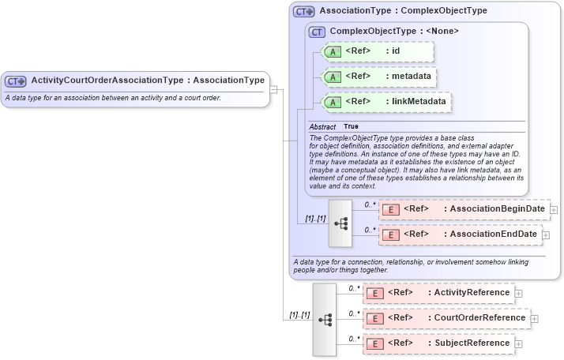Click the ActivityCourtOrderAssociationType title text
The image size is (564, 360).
[147, 81]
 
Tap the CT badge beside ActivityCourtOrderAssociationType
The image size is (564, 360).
[15, 81]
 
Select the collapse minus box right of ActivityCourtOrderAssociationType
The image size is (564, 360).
[273, 89]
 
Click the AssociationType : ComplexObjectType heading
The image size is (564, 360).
[403, 11]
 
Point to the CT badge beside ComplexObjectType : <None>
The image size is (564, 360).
[318, 32]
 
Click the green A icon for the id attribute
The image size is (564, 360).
[333, 51]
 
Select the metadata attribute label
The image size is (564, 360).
[412, 77]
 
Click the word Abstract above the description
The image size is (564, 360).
[322, 126]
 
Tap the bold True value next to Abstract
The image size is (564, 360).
[351, 126]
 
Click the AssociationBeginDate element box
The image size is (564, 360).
[464, 209]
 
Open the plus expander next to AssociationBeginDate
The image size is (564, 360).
[554, 210]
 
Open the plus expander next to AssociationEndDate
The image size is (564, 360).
[546, 235]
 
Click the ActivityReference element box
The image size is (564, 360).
[438, 293]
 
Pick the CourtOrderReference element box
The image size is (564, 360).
[446, 318]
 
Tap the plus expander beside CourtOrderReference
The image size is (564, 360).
[535, 319]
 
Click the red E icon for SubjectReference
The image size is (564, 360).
[377, 343]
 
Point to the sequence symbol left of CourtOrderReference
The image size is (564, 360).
[325, 319]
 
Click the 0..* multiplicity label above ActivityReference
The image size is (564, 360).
[354, 288]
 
